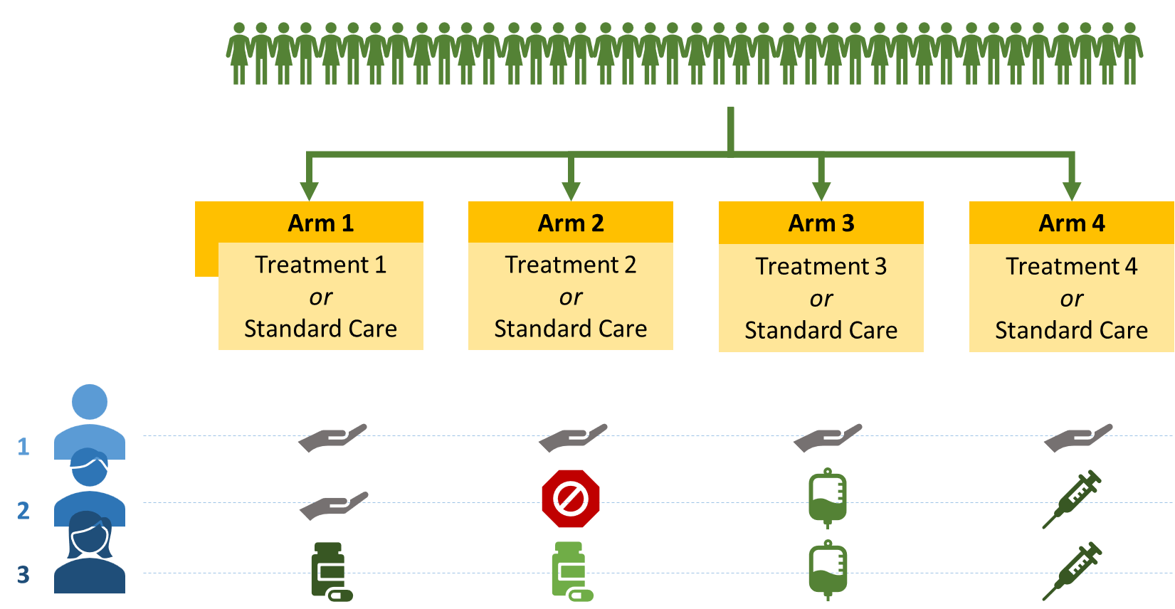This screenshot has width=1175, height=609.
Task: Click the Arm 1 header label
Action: [321, 223]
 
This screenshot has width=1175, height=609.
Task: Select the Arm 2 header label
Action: [571, 223]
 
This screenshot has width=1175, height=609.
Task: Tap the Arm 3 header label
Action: [821, 223]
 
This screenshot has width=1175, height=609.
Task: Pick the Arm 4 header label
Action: [1072, 223]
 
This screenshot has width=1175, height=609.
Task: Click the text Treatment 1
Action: [321, 265]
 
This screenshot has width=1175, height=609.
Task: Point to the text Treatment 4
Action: [1072, 266]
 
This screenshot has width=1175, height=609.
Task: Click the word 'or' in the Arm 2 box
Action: [571, 297]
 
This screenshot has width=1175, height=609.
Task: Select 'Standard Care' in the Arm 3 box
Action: [821, 330]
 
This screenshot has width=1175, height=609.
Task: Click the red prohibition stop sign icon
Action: [571, 498]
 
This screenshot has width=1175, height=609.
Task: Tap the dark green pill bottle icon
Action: [330, 571]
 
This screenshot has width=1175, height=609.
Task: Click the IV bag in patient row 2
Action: [827, 498]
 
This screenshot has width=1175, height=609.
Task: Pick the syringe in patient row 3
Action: [1072, 571]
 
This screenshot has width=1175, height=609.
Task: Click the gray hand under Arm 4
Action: [1077, 438]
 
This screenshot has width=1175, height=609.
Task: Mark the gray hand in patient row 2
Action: [333, 505]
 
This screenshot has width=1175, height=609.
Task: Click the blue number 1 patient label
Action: [23, 446]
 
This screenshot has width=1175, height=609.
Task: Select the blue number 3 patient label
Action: [23, 574]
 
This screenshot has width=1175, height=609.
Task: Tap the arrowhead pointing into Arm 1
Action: [309, 191]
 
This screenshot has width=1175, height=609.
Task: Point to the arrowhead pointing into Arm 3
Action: [821, 191]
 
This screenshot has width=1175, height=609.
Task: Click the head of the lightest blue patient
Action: [90, 402]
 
